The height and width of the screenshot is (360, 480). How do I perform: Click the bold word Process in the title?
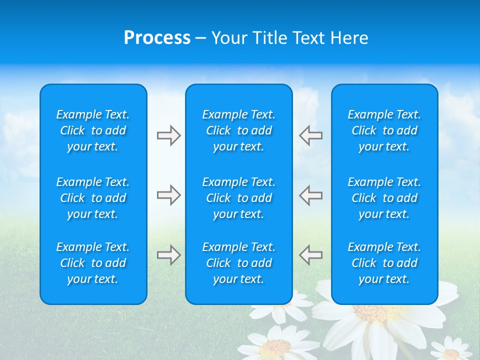[x=157, y=38]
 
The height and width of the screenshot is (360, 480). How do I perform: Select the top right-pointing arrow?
[x=168, y=135]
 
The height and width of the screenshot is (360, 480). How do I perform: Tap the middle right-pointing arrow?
[x=168, y=195]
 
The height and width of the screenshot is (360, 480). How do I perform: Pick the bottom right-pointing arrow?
[x=168, y=255]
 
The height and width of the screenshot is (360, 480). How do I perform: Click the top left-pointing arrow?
[x=310, y=135]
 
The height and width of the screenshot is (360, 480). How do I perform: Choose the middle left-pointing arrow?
[x=310, y=195]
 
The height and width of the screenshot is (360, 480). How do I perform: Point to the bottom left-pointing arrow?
[x=310, y=255]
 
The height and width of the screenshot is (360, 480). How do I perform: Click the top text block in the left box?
[x=93, y=130]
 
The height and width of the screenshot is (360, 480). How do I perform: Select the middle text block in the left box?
[x=93, y=198]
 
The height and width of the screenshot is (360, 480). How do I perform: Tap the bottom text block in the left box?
[x=93, y=263]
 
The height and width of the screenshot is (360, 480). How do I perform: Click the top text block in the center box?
[x=238, y=130]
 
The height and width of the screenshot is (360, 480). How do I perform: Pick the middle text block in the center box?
[x=238, y=198]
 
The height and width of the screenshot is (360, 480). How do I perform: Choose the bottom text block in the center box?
[x=238, y=263]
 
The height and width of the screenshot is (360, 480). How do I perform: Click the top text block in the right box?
[x=384, y=130]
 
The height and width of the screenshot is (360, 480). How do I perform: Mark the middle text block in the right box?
[x=384, y=198]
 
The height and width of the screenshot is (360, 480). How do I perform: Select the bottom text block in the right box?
[x=384, y=263]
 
